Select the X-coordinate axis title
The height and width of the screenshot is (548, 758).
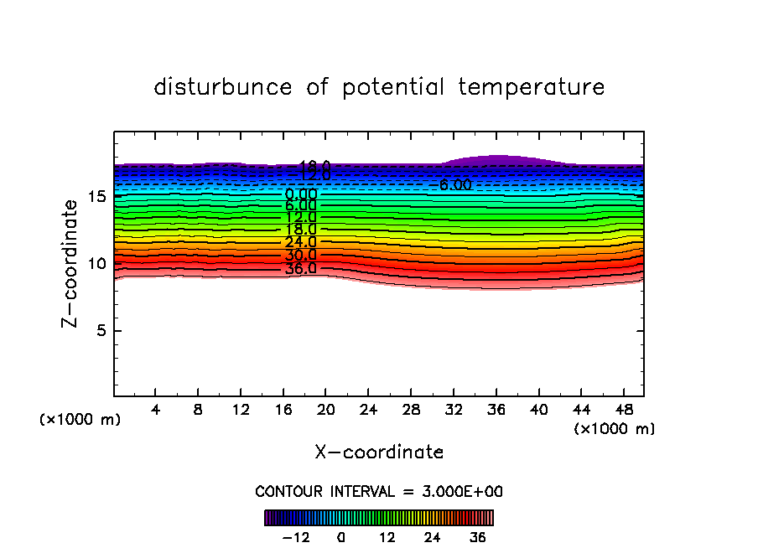379,452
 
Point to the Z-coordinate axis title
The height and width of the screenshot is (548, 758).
71,263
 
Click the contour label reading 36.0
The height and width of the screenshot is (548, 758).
300,269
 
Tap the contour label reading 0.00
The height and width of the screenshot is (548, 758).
300,194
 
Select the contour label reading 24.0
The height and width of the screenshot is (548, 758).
300,242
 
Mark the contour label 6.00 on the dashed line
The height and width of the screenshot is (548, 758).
455,185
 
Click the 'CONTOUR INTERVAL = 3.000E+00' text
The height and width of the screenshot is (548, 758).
379,491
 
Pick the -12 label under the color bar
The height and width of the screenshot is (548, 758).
297,537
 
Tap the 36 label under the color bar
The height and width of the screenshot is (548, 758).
478,537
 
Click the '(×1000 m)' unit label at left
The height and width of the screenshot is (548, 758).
80,419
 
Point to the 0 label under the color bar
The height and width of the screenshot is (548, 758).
341,537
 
